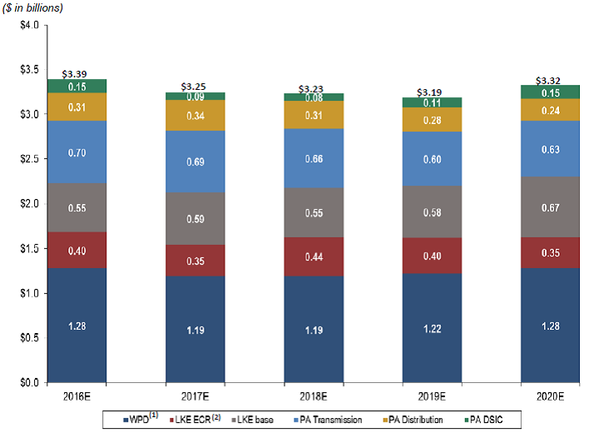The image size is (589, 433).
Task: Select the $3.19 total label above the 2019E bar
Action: (431, 92)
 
